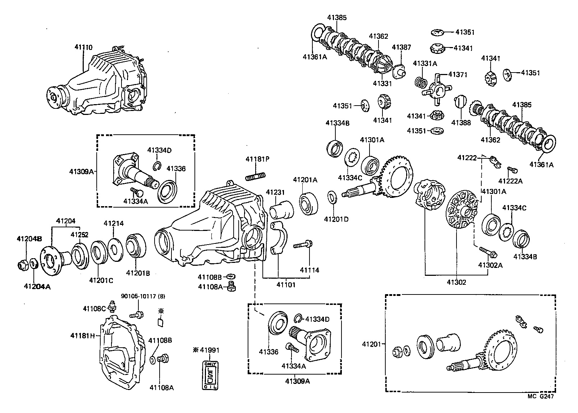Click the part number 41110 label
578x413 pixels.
tap(83, 47)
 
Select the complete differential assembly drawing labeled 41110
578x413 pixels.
tap(97, 84)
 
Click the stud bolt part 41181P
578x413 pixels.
tap(256, 176)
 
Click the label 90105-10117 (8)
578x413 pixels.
tap(143, 296)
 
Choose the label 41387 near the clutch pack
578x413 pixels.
tap(401, 47)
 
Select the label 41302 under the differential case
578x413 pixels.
tap(456, 282)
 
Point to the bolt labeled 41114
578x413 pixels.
tap(304, 245)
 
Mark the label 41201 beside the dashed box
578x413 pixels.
tap(371, 344)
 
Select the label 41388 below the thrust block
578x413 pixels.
tap(460, 122)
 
